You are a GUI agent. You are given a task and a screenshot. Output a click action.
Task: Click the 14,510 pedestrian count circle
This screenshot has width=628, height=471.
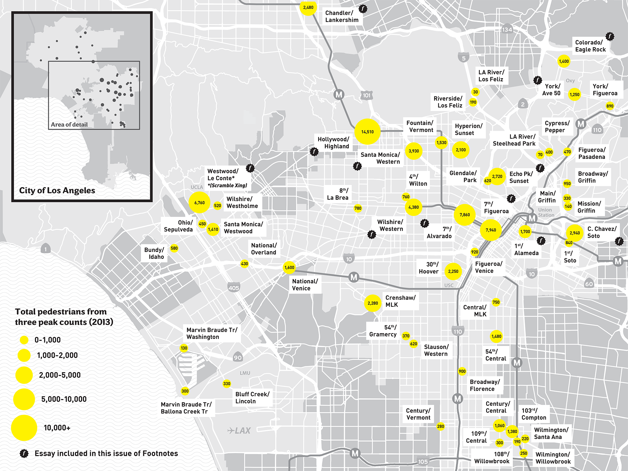[x=367, y=132]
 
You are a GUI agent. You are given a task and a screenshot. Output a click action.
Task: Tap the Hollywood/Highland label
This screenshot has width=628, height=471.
[x=333, y=143]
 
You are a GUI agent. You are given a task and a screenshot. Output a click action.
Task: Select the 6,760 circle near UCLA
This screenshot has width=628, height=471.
[x=199, y=203]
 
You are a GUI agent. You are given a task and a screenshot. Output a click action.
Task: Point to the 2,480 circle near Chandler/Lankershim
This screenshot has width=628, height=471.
[x=308, y=7]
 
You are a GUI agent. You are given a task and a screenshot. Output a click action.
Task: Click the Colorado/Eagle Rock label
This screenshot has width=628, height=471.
[x=590, y=46]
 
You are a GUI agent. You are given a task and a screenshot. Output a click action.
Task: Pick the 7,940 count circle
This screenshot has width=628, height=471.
[x=491, y=230]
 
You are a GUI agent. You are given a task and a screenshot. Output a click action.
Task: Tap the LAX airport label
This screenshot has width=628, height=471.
[x=239, y=430]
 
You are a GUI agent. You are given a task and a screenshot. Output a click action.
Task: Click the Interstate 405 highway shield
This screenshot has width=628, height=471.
[x=234, y=288]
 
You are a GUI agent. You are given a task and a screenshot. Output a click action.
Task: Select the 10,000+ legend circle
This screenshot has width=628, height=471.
[x=24, y=428]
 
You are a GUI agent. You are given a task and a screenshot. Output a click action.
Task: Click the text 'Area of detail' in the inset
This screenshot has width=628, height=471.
[x=69, y=125]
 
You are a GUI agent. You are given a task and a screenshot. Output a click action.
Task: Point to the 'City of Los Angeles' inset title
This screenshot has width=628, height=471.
[x=57, y=191]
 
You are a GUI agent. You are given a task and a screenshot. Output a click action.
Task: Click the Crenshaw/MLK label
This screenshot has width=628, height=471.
[x=400, y=301]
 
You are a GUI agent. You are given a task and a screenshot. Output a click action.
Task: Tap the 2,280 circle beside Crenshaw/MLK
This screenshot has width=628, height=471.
[x=373, y=303]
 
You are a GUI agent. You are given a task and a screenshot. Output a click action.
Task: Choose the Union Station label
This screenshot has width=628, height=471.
[x=546, y=212]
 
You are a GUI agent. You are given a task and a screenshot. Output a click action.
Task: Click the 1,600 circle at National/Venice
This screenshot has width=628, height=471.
[x=289, y=268]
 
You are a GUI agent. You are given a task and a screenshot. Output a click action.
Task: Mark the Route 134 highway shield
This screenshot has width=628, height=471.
[x=507, y=30]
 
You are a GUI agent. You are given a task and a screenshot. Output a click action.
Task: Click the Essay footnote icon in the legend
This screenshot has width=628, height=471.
[x=24, y=453]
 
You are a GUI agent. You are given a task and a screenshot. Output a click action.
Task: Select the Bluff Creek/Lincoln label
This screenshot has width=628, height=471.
[x=252, y=398]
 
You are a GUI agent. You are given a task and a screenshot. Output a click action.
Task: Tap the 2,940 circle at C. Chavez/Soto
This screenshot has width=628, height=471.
[x=575, y=233]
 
